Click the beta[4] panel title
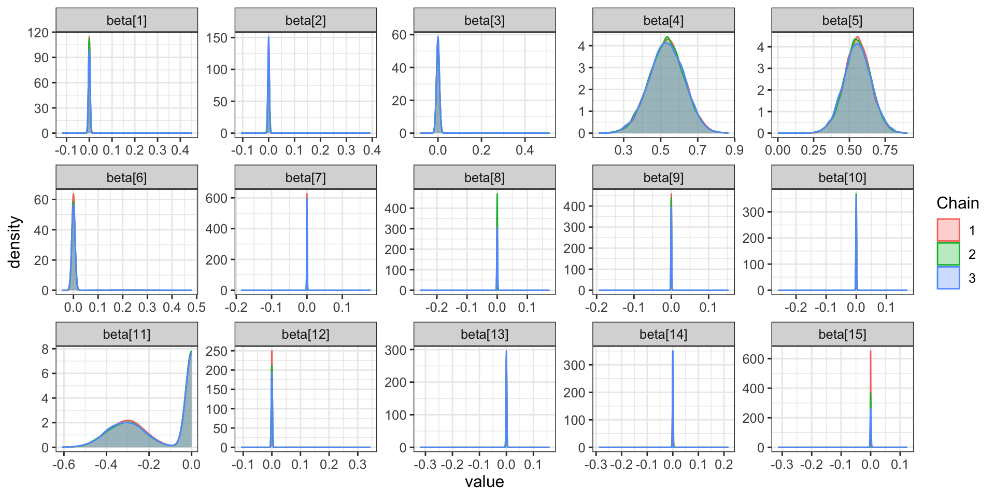tap(663, 21)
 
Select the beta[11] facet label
tap(126, 335)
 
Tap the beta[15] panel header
tap(842, 335)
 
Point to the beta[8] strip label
tap(484, 178)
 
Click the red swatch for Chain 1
tap(948, 230)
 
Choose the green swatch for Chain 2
tap(948, 254)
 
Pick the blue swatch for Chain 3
tap(948, 278)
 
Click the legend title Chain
tap(957, 203)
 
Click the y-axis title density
tap(15, 242)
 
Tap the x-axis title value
tap(484, 482)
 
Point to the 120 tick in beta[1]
tap(38, 33)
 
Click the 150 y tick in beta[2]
tap(217, 38)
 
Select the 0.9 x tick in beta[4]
tap(734, 150)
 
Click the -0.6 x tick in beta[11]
tap(63, 464)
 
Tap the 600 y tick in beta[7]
tap(217, 198)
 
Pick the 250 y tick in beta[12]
tap(217, 351)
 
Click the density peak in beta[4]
tap(667, 37)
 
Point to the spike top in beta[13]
tap(506, 351)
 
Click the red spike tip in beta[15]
tap(870, 351)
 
